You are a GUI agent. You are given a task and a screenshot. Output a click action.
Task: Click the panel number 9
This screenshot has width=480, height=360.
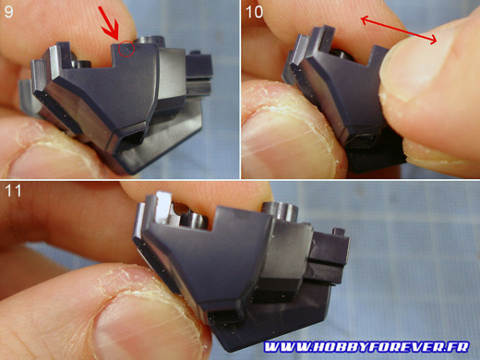(8, 12)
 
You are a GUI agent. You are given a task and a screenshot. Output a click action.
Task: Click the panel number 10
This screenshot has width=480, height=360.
(254, 12)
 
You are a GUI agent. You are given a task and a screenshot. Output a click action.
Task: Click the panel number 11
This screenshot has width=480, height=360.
(13, 190)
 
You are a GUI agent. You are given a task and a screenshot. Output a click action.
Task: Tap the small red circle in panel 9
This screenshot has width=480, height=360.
(126, 49)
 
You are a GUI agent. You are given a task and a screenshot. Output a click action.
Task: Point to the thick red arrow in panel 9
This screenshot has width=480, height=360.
(109, 24)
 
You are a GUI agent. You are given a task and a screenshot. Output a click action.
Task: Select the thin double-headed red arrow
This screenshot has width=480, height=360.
(399, 30)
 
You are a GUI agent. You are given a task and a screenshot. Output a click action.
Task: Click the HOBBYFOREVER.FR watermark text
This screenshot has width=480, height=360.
(366, 347)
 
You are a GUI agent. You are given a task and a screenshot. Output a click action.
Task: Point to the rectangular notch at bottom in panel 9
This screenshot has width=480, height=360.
(132, 138)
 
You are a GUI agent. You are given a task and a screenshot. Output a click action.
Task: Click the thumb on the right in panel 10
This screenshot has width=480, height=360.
(431, 92)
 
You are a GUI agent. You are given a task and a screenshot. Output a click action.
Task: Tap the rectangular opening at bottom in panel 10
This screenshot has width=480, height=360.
(363, 141)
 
